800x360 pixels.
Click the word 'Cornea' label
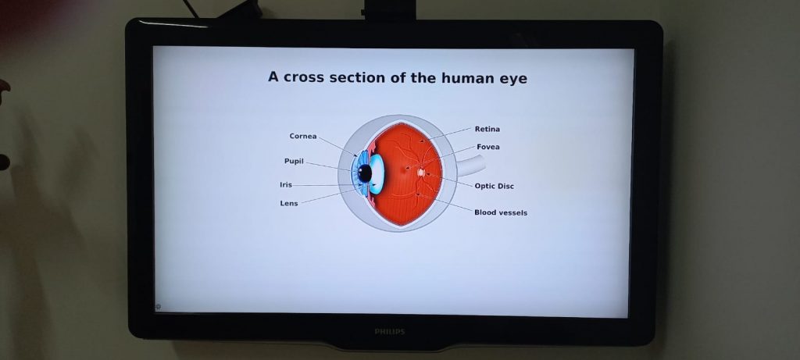coord(303,136)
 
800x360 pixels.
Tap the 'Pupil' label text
coord(294,161)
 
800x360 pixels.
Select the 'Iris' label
coord(286,185)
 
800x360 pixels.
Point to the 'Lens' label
coord(289,204)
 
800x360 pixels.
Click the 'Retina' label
coord(487,129)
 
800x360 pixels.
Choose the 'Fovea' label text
coord(488,147)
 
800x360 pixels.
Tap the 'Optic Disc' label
coord(495,186)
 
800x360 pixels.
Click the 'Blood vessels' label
coord(501,212)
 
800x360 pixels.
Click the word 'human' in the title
coord(468,77)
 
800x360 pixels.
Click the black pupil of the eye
coord(365,173)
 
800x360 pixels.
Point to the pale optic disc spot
coord(421,172)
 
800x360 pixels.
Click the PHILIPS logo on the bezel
coord(389,331)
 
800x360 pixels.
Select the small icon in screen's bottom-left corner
coord(158,307)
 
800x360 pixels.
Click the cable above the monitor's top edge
coord(190,9)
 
